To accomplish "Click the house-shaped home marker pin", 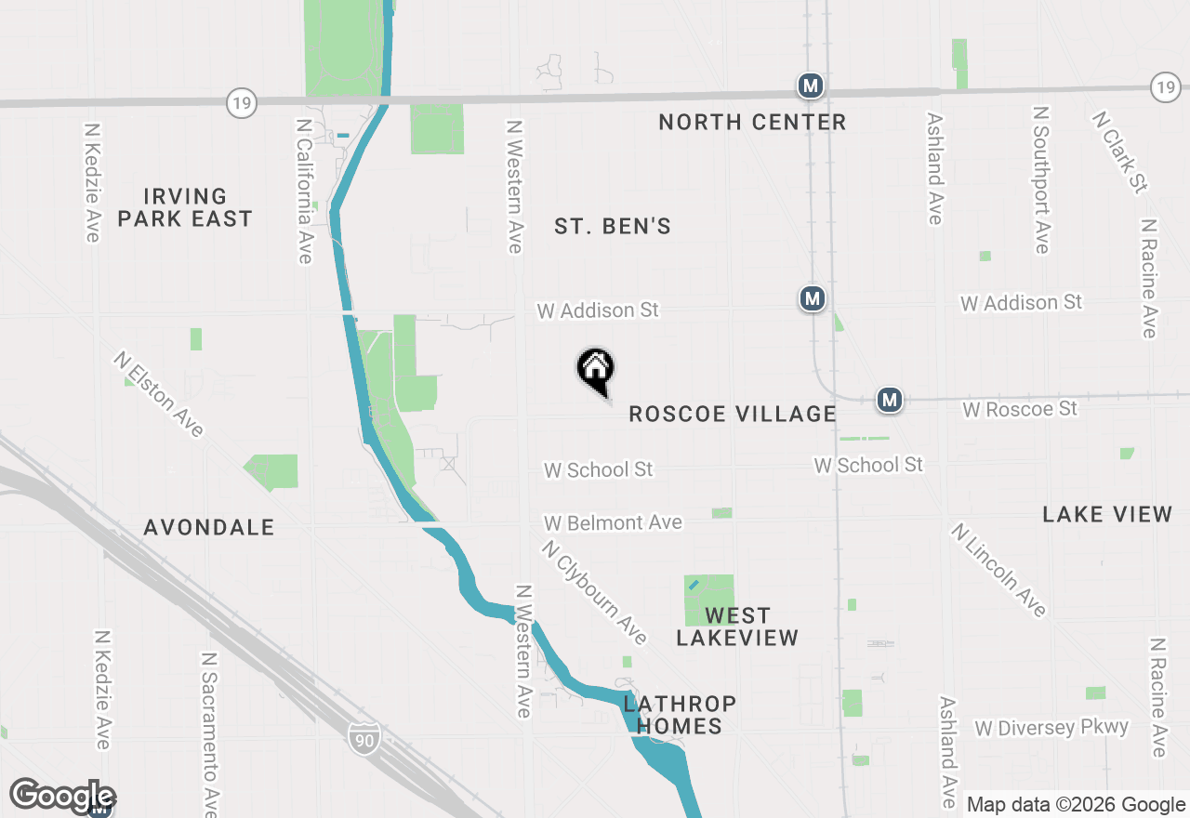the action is click(x=596, y=370).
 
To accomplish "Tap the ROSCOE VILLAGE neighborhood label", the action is click(x=733, y=415).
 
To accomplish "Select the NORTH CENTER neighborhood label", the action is click(x=752, y=123).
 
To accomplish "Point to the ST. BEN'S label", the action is click(x=613, y=227).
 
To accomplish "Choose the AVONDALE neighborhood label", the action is click(x=209, y=528).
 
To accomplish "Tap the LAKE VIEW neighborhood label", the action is click(x=1107, y=515).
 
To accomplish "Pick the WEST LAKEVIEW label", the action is click(x=737, y=627).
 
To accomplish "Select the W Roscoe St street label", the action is click(x=1020, y=409).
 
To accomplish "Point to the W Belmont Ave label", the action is click(x=614, y=523).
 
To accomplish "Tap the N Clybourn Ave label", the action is click(x=594, y=592).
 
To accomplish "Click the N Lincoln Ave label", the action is click(x=998, y=570).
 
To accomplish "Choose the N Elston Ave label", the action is click(x=159, y=393).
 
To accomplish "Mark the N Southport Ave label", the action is click(x=1041, y=179).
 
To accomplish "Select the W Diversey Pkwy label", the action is click(x=1051, y=728).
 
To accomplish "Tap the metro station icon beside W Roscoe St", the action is click(x=890, y=401).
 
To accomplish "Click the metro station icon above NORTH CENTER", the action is click(x=811, y=86).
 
